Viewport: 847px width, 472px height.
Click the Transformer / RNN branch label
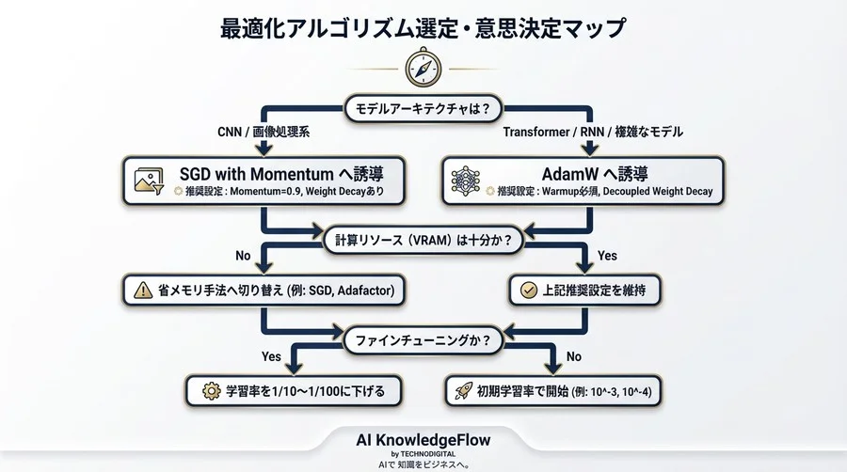point(593,133)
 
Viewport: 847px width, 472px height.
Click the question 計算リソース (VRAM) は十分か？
point(423,240)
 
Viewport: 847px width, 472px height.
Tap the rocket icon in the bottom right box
point(463,389)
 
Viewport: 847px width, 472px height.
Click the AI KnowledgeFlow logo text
point(423,439)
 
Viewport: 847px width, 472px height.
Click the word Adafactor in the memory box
point(366,291)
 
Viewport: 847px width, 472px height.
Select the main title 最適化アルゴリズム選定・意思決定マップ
point(423,27)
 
